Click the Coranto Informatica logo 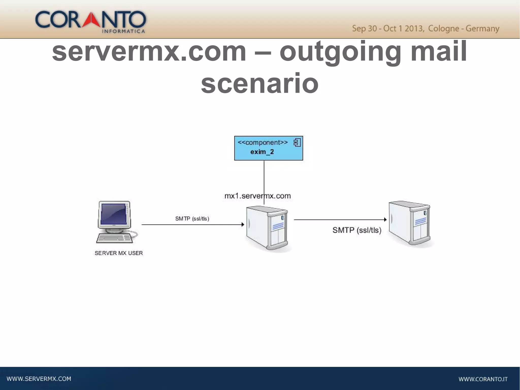(x=91, y=21)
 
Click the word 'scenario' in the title (x=259, y=83)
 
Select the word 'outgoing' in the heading (x=340, y=52)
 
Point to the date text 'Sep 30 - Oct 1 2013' (x=388, y=28)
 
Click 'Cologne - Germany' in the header (x=463, y=28)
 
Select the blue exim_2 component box (x=268, y=148)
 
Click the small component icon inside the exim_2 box (x=297, y=143)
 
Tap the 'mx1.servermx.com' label (x=257, y=196)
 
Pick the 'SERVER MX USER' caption (x=119, y=253)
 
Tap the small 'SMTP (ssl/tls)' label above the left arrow (x=192, y=219)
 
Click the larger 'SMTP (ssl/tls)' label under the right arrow (x=357, y=230)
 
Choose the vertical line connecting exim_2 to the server (x=264, y=178)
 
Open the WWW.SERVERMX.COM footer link (x=39, y=379)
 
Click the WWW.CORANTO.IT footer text (x=483, y=379)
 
